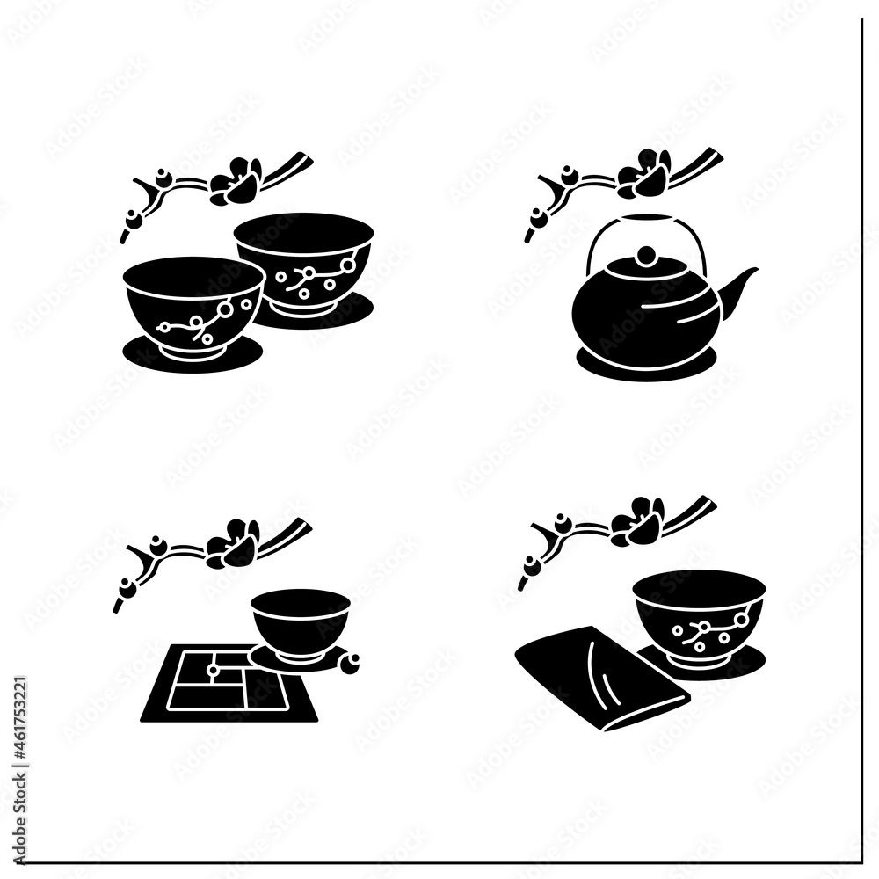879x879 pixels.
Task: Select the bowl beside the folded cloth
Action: tap(699, 615)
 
